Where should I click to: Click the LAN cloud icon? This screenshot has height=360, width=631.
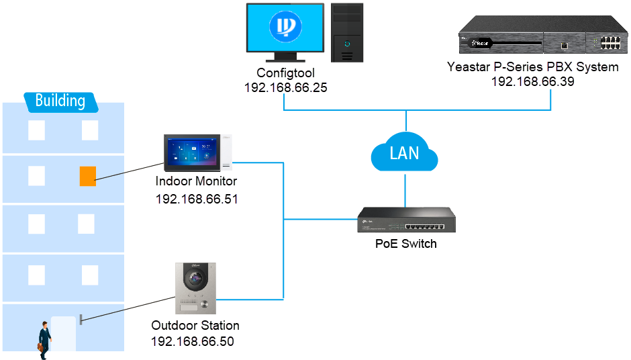pyautogui.click(x=404, y=154)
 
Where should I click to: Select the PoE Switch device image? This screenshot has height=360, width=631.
pyautogui.click(x=405, y=220)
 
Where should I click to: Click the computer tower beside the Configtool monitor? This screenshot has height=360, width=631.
pyautogui.click(x=346, y=32)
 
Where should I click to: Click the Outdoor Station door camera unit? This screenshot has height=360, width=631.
pyautogui.click(x=197, y=287)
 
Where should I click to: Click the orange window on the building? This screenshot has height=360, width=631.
pyautogui.click(x=87, y=175)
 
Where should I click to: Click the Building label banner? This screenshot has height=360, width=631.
pyautogui.click(x=60, y=101)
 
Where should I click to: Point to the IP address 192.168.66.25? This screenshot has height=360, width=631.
pyautogui.click(x=285, y=88)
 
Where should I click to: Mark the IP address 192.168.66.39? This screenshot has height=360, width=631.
pyautogui.click(x=532, y=81)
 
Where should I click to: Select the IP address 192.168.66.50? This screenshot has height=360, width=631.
pyautogui.click(x=193, y=341)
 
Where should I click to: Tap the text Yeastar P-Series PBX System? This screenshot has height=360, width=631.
pyautogui.click(x=532, y=67)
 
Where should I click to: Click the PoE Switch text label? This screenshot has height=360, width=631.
pyautogui.click(x=405, y=244)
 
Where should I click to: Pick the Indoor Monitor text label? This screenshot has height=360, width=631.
pyautogui.click(x=196, y=181)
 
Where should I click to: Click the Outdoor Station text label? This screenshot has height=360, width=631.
pyautogui.click(x=195, y=326)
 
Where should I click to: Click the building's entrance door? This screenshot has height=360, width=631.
pyautogui.click(x=64, y=332)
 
